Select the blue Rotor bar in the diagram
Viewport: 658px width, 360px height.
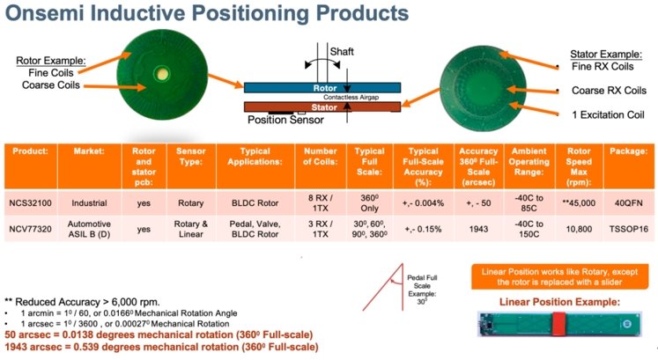(x=322, y=88)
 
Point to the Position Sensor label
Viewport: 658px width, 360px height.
(x=288, y=119)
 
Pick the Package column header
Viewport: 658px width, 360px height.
(x=623, y=151)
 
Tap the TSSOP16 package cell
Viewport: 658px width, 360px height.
(x=622, y=224)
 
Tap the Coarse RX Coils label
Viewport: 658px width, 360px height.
(x=608, y=91)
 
